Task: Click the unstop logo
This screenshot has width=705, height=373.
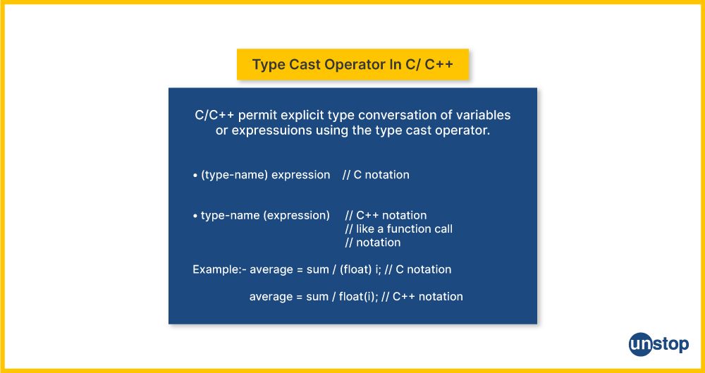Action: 658,345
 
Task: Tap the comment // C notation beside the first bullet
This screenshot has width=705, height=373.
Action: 376,175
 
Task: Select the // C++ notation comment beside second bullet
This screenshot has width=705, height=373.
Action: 386,215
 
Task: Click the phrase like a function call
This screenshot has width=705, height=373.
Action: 404,228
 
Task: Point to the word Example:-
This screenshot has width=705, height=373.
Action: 219,270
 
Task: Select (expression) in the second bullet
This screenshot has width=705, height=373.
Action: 296,216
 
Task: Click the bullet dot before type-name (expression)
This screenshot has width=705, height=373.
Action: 195,216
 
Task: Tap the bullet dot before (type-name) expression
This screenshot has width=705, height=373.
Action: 195,176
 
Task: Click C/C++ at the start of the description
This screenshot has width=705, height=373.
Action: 214,115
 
